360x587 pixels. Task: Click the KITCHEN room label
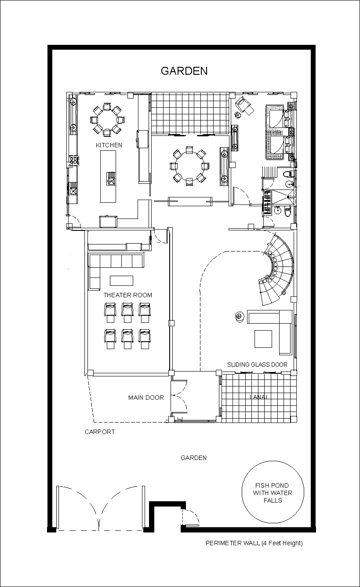click(109, 145)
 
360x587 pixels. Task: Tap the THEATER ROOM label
click(127, 295)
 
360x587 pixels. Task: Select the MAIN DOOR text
click(146, 397)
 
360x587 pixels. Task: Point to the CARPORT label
click(100, 432)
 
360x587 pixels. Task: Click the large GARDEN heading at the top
click(184, 71)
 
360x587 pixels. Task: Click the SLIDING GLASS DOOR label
click(257, 365)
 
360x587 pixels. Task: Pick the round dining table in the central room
click(189, 166)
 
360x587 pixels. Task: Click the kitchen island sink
click(111, 179)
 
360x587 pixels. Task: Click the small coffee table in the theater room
click(122, 281)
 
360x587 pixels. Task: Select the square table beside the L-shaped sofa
click(263, 339)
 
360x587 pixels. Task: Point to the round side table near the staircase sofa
click(239, 316)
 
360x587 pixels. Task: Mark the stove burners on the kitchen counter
click(74, 160)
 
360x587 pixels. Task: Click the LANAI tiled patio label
click(258, 397)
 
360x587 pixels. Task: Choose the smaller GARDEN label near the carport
click(193, 458)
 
